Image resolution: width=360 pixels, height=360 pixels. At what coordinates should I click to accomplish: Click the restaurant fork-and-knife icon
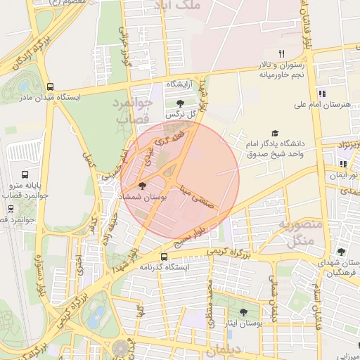(281, 53)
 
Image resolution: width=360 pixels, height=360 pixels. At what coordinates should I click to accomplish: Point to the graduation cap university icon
(275, 134)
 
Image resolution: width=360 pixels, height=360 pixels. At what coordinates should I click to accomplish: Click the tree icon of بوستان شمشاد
(143, 186)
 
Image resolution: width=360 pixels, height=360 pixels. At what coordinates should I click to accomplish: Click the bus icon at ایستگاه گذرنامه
(164, 257)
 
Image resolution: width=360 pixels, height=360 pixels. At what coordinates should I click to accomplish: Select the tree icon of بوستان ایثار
(243, 311)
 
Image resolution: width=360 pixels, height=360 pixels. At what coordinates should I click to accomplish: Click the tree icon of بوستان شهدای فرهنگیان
(341, 252)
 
